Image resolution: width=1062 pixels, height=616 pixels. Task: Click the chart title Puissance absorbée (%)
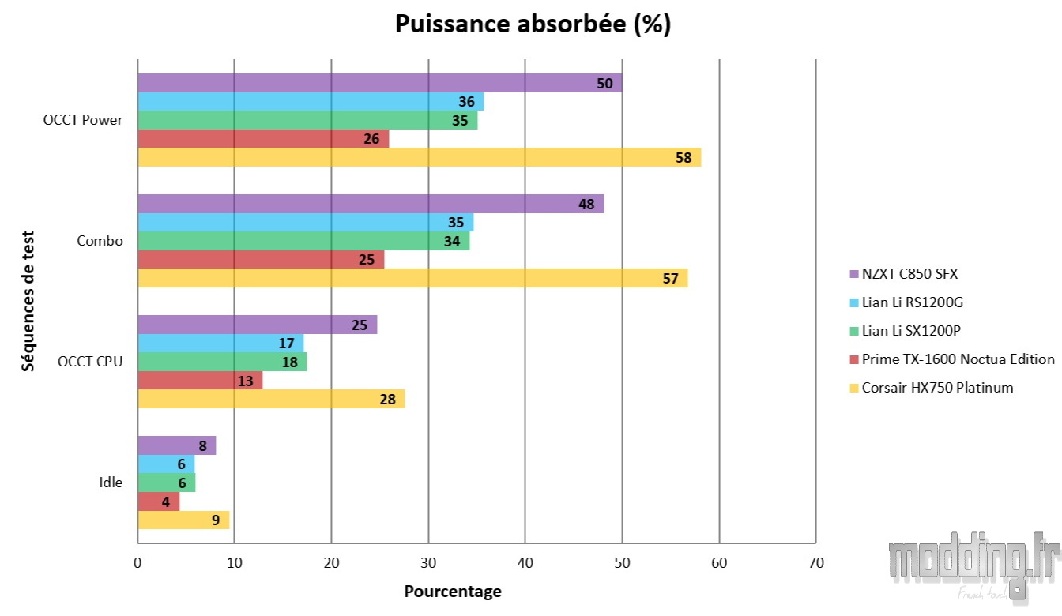[533, 25]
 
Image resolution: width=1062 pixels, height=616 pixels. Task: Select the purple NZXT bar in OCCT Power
[379, 83]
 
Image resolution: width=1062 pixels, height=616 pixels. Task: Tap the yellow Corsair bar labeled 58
[419, 157]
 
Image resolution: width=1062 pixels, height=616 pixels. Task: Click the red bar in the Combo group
[261, 259]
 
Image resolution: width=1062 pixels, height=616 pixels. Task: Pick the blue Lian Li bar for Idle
[166, 464]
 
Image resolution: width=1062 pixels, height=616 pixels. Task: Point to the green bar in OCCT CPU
[222, 362]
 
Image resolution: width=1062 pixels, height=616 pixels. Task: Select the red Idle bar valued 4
[158, 501]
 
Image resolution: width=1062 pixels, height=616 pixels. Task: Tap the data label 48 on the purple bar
[586, 204]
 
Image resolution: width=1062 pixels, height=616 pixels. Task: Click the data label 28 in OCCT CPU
[387, 399]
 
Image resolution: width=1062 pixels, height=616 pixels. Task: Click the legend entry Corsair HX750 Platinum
[937, 388]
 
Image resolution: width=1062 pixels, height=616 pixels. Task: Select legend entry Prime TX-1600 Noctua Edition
[958, 359]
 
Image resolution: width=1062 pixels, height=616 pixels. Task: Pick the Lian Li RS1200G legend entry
[912, 302]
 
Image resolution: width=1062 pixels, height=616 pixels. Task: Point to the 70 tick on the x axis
[816, 563]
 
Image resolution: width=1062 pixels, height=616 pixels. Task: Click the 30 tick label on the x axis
[428, 563]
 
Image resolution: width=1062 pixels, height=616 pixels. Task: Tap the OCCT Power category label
[83, 120]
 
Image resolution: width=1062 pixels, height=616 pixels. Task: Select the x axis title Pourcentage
[453, 592]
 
